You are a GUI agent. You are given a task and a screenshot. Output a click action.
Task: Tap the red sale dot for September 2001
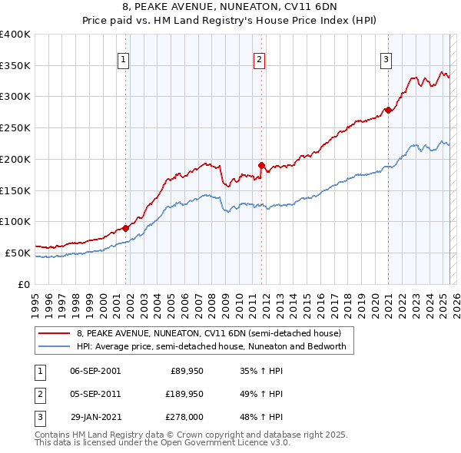point(125,228)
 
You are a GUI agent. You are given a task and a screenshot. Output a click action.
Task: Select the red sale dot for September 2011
point(261,165)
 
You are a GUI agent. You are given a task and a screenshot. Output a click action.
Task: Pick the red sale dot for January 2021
point(388,110)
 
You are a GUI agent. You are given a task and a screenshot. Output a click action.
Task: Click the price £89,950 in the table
point(187,371)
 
